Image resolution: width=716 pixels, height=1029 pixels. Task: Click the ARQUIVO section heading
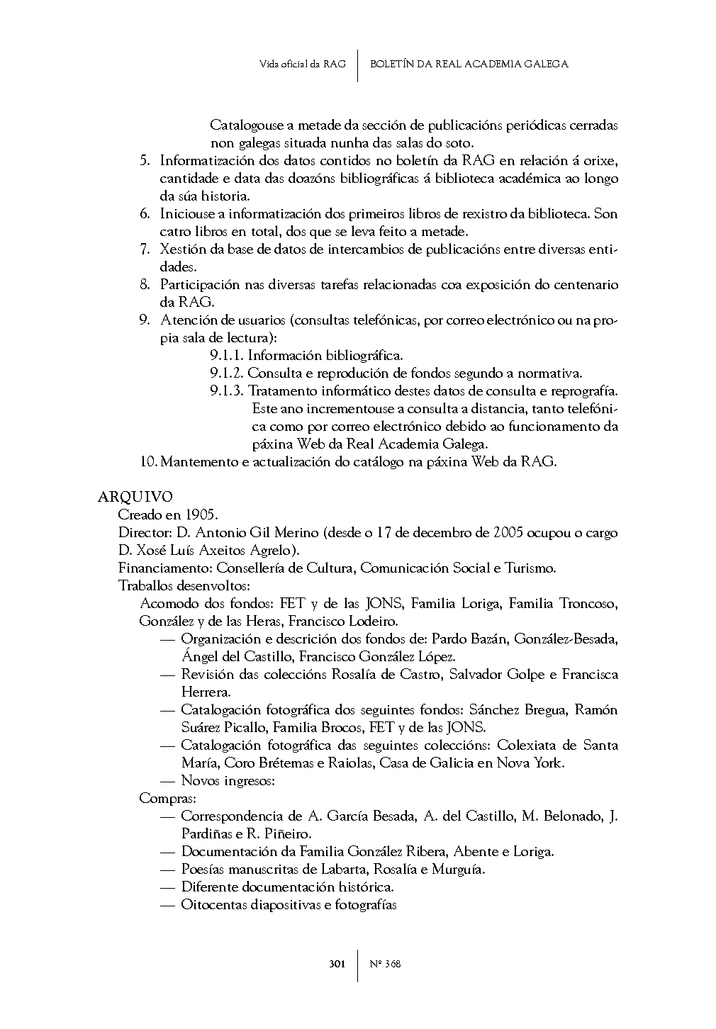point(135,497)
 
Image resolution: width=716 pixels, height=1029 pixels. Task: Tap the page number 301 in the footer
point(337,964)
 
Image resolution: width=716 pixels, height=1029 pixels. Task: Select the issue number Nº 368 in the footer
point(386,964)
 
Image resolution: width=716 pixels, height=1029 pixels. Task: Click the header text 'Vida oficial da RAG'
point(302,64)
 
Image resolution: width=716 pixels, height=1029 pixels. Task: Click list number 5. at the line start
point(145,161)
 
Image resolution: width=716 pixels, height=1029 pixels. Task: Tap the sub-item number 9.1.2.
point(226,373)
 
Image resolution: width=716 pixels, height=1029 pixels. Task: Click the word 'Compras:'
point(162,799)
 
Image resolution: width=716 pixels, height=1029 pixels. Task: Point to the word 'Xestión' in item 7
point(181,249)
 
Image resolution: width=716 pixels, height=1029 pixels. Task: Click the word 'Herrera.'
point(206,692)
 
